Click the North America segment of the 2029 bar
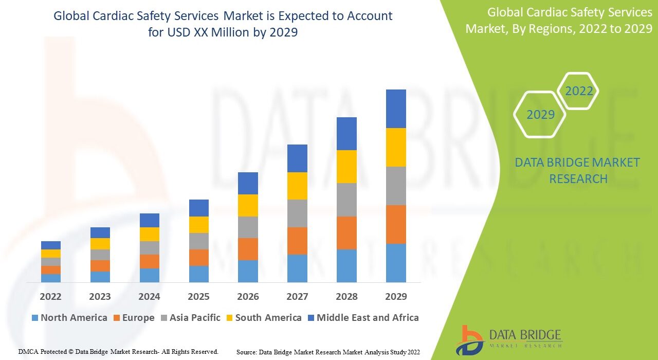(396, 263)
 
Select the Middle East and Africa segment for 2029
(396, 109)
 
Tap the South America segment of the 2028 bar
(346, 167)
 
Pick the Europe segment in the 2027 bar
(297, 241)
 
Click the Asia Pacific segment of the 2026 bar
(248, 227)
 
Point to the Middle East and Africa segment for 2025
(199, 208)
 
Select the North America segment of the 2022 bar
(51, 278)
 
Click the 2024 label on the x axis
(149, 297)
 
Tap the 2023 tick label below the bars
(100, 297)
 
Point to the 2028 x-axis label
(346, 297)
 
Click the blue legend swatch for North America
(35, 318)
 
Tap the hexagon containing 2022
(579, 92)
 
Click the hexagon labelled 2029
(540, 114)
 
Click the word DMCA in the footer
(29, 352)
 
